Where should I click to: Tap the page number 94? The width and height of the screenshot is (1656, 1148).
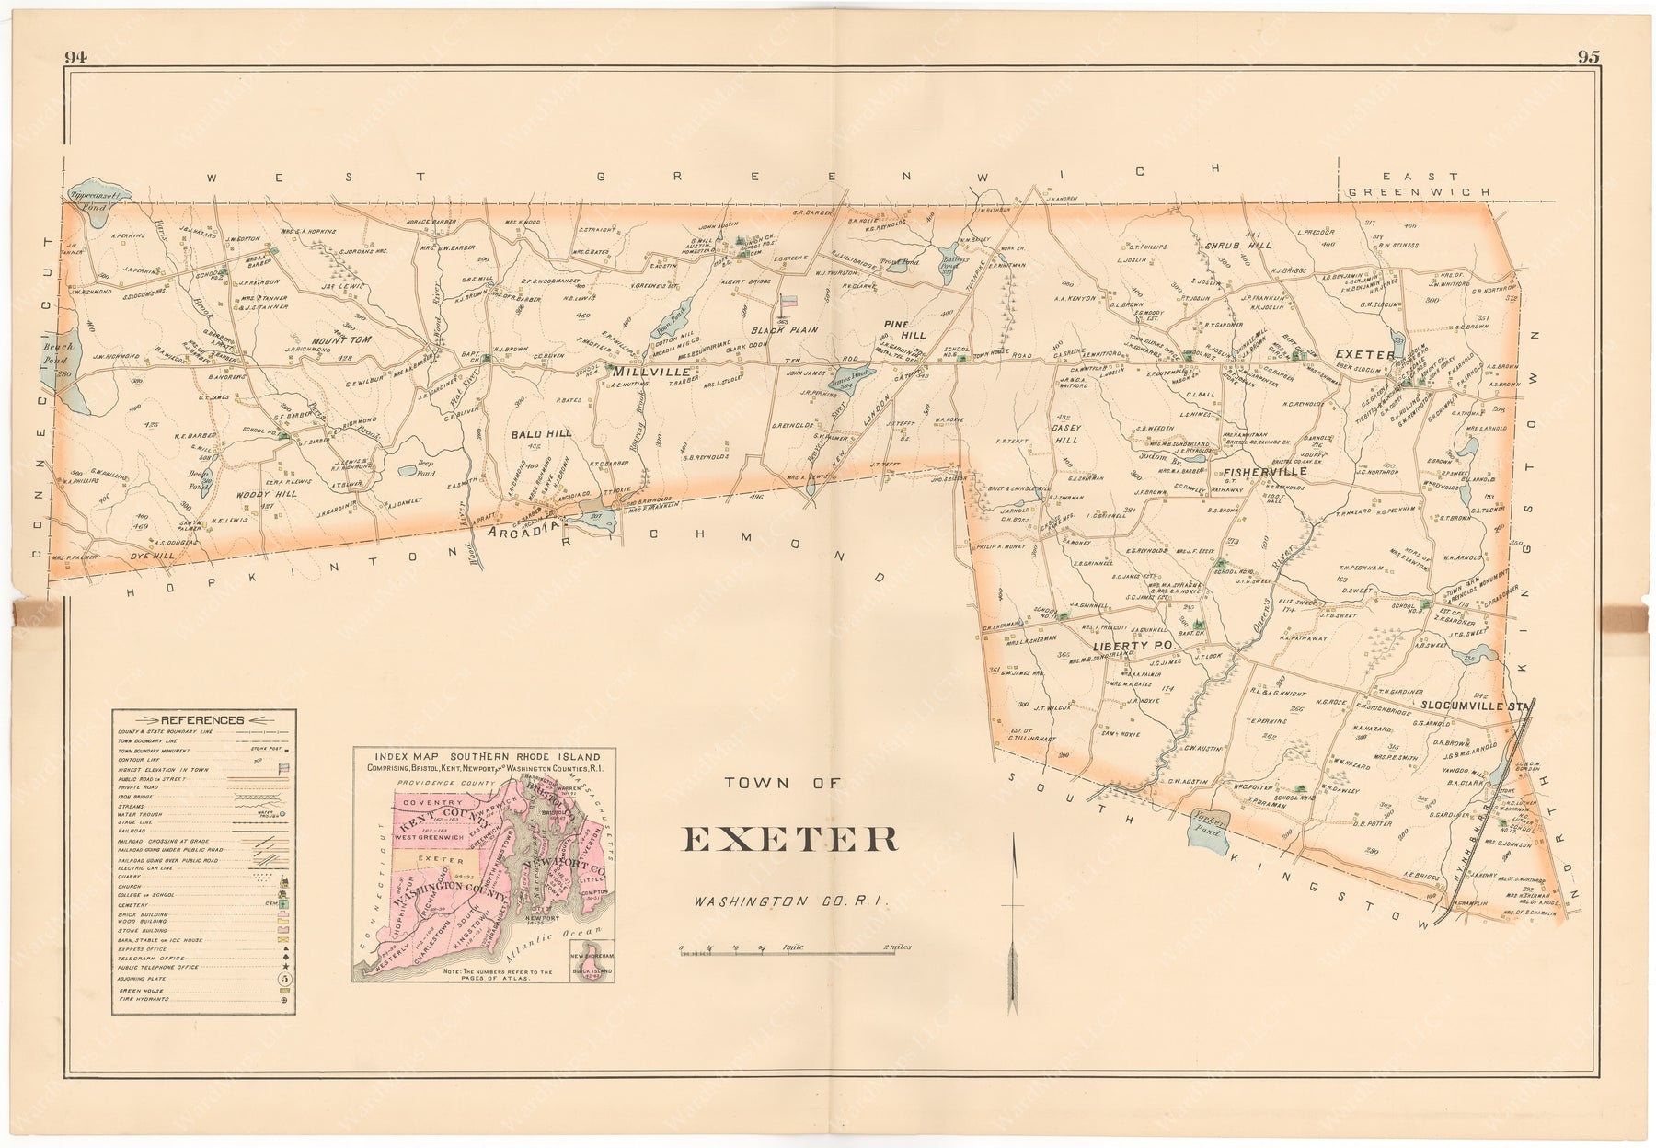point(75,57)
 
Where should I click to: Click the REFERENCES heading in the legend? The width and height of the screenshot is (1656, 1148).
point(202,720)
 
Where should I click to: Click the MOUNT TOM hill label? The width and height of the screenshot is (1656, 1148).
point(340,340)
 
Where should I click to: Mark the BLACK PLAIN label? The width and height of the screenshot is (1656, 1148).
point(784,329)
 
